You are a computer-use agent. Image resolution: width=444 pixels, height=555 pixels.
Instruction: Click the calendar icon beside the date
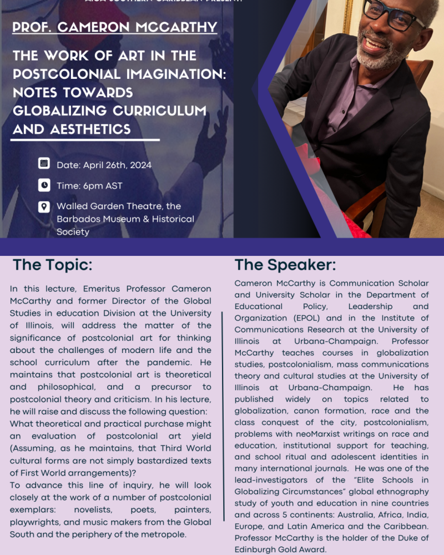[x=44, y=163]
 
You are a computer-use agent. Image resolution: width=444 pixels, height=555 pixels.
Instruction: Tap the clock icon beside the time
[x=44, y=185]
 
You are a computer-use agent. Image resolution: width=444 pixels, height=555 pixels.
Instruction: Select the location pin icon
[x=44, y=206]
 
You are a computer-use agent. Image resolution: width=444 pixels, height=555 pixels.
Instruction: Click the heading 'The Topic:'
[x=52, y=265]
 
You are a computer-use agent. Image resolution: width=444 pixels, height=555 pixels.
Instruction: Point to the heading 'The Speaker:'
[x=285, y=265]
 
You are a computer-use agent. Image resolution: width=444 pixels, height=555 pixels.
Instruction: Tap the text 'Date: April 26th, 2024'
[x=104, y=165]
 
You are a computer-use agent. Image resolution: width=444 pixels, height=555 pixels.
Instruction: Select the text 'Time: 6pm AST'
[x=89, y=185]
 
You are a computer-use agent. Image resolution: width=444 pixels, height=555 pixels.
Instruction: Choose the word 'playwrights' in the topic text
[x=37, y=522]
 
